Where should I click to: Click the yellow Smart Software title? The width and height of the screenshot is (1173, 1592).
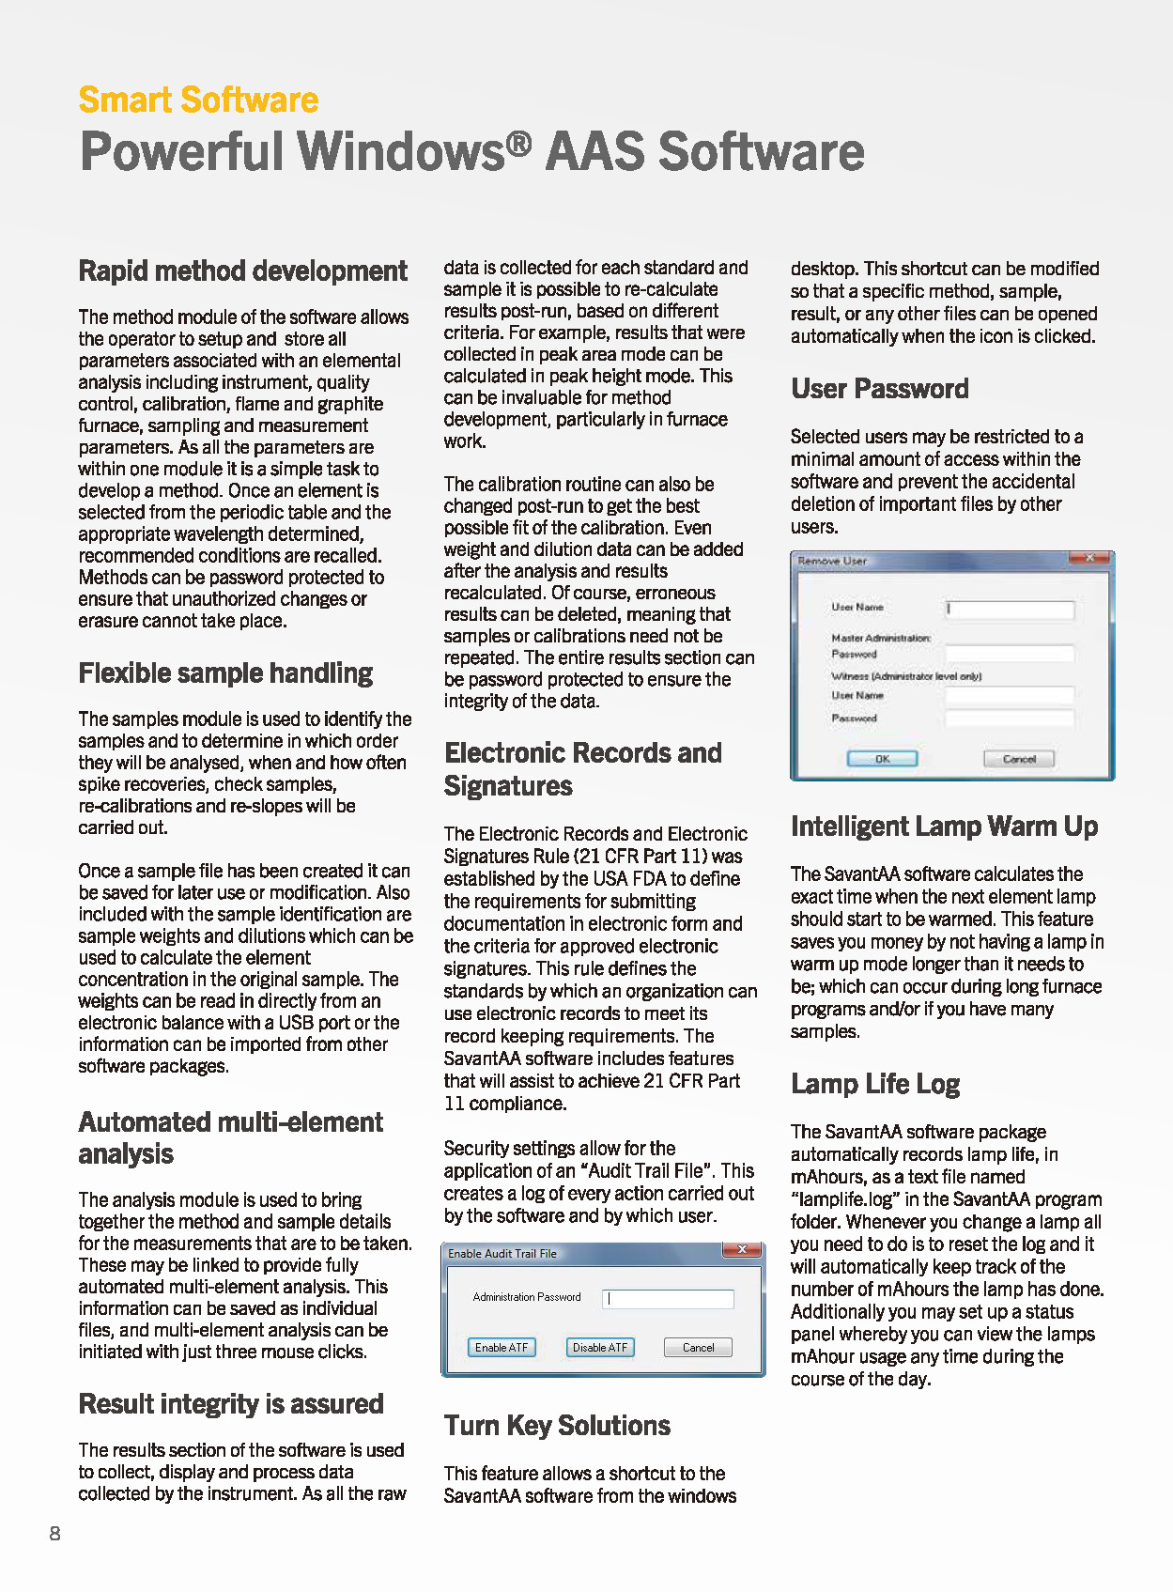[x=198, y=100]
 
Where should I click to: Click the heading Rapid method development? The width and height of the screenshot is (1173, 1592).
[x=242, y=271]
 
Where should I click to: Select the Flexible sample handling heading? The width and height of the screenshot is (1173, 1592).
[x=225, y=673]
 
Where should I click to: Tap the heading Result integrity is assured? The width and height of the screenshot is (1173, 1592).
[x=231, y=1404]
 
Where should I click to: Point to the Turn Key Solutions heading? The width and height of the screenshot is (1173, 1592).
[x=557, y=1426]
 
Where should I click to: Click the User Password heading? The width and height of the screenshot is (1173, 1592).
[x=879, y=389]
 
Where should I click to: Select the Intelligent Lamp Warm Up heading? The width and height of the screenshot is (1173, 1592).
[x=944, y=827]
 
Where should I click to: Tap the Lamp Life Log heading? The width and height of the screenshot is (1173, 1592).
[x=874, y=1084]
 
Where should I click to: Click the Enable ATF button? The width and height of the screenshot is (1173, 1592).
[x=502, y=1347]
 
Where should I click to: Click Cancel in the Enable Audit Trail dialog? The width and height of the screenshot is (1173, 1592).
[x=698, y=1347]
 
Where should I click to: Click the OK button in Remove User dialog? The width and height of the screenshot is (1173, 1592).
[x=882, y=759]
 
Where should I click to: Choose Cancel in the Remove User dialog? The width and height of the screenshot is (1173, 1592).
[x=1019, y=759]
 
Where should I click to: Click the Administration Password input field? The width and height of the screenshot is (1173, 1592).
[x=668, y=1298]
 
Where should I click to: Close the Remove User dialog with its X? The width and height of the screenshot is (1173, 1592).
[x=1089, y=559]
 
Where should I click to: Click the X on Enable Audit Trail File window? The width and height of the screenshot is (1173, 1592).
[x=742, y=1250]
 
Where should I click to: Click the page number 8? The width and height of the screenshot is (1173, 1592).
[x=55, y=1534]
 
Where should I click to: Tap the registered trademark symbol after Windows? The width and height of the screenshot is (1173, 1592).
[x=519, y=143]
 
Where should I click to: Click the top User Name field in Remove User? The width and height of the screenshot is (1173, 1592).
[x=1009, y=610]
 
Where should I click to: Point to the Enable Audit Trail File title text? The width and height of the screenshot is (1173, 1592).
[x=502, y=1254]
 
